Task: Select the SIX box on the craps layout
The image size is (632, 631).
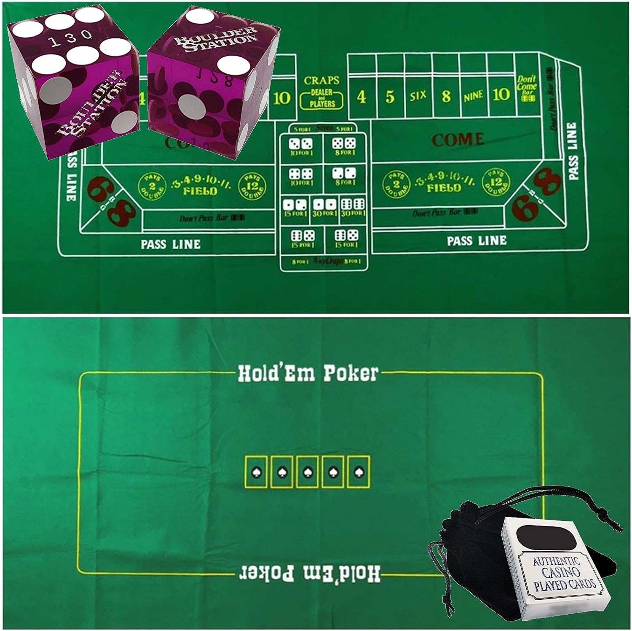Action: [418, 96]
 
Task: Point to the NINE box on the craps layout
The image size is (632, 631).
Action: [473, 96]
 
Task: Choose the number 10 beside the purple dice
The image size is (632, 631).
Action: [281, 98]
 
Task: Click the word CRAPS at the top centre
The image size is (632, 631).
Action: [321, 80]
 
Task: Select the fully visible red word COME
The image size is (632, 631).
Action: [458, 140]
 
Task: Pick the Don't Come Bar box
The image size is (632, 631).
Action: [526, 88]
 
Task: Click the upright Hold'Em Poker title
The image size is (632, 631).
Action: [308, 373]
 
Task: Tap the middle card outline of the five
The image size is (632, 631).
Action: [307, 472]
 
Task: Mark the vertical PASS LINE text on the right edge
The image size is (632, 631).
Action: [572, 151]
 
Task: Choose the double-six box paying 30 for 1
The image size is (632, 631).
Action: [353, 207]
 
